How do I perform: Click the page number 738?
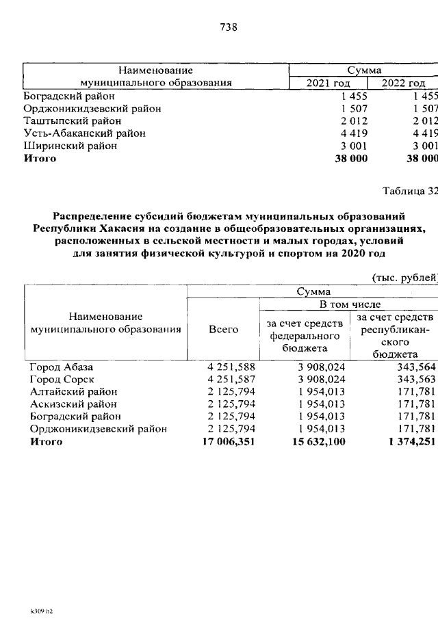pyautogui.click(x=229, y=27)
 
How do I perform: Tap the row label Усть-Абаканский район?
pyautogui.click(x=84, y=133)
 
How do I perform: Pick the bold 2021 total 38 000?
pyautogui.click(x=350, y=159)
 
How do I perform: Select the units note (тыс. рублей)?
pyautogui.click(x=404, y=278)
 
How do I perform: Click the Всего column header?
pyautogui.click(x=223, y=329)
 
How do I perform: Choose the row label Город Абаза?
pyautogui.click(x=61, y=367)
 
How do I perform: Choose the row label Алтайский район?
pyautogui.click(x=73, y=392)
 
